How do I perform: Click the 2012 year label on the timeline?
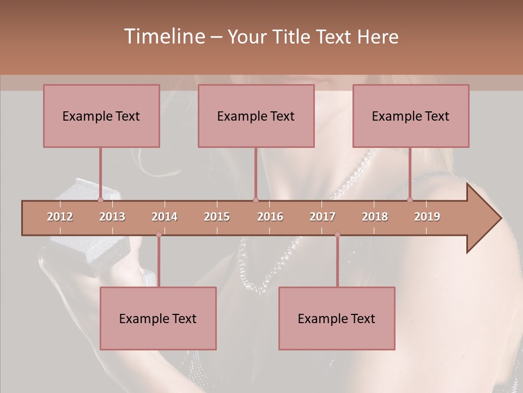coord(60,217)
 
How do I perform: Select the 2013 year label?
coord(112,217)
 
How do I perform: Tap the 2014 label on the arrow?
coord(165,217)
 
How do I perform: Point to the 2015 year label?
coord(217,217)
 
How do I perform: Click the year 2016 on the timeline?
coord(270,217)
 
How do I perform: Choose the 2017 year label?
coord(323,217)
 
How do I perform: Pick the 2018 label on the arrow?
coord(375,217)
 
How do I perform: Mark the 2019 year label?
coord(427,217)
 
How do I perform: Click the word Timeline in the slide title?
coord(163,37)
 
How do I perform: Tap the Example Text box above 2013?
coord(101,116)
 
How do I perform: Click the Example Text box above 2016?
coord(256,116)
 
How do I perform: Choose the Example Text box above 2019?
coord(411,116)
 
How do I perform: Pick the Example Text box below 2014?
coord(158,318)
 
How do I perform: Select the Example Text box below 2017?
coord(337,318)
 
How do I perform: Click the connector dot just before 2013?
coord(100,200)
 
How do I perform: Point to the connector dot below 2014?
coord(159,235)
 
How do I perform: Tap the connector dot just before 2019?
coord(410,200)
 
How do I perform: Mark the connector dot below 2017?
coord(337,235)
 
